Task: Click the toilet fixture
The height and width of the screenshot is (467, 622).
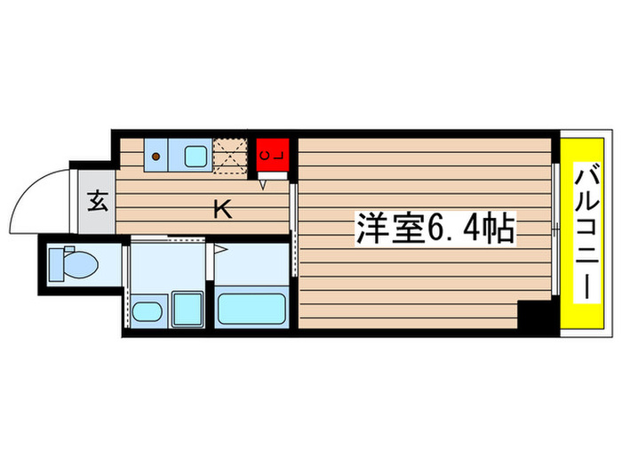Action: click(76, 264)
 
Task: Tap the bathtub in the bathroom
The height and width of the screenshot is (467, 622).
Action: click(251, 308)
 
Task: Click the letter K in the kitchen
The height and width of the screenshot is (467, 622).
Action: click(223, 210)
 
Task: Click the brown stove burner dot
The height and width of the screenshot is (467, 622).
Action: click(156, 157)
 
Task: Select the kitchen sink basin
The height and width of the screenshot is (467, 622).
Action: click(195, 157)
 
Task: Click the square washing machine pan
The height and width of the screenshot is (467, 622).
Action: click(187, 308)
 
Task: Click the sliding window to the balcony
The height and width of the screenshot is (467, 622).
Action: click(555, 230)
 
